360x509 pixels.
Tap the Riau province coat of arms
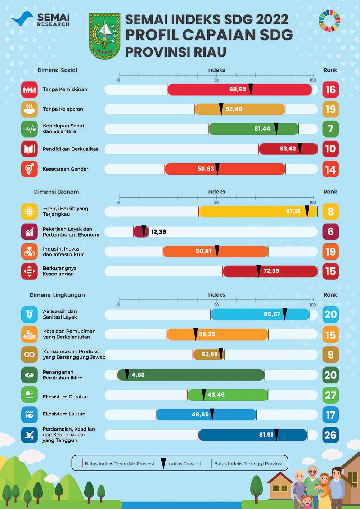click(x=104, y=36)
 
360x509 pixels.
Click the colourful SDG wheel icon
click(x=329, y=21)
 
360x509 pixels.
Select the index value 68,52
click(x=238, y=89)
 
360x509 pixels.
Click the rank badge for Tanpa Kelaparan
click(x=330, y=109)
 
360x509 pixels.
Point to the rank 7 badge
click(x=330, y=129)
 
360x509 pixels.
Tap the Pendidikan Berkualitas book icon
click(x=29, y=149)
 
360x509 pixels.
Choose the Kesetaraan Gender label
click(x=66, y=169)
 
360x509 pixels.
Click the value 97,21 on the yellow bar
click(x=293, y=211)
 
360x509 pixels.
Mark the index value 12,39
click(x=158, y=232)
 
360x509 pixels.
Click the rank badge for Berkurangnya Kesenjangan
click(x=330, y=271)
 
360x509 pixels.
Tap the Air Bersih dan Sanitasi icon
click(x=29, y=314)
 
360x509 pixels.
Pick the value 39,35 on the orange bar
click(x=207, y=334)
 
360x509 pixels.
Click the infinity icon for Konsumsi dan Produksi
click(x=29, y=355)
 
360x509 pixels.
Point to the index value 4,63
click(x=138, y=375)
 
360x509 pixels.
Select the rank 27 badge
click(x=330, y=395)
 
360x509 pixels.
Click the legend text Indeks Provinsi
click(x=184, y=464)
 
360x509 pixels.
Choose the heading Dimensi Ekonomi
click(x=57, y=192)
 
